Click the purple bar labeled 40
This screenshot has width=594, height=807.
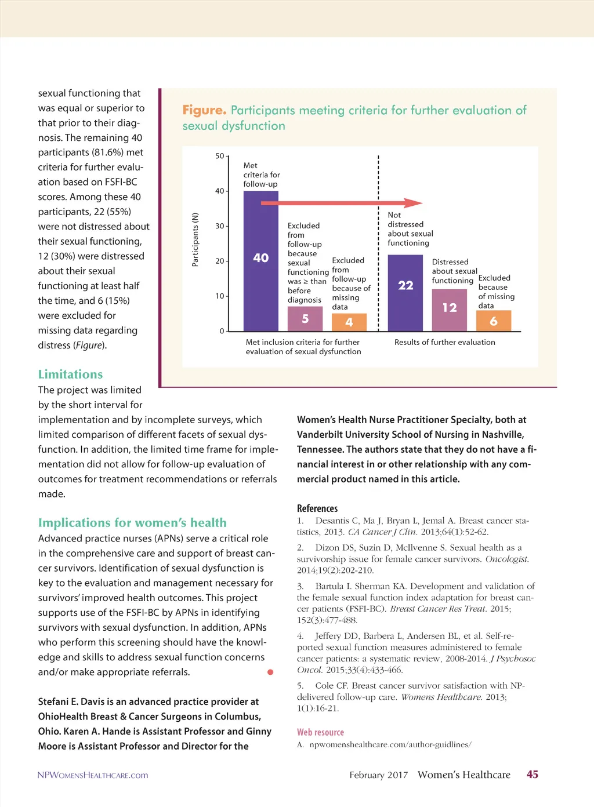(260, 260)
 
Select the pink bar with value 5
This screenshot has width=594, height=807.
(305, 319)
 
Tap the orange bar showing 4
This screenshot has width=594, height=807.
(349, 322)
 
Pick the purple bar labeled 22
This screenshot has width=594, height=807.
(405, 292)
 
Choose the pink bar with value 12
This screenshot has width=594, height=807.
(450, 310)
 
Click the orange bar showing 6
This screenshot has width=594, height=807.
(494, 321)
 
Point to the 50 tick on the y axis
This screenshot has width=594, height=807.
(220, 156)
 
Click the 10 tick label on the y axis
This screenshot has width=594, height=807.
(220, 296)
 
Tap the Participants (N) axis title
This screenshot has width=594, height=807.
(195, 239)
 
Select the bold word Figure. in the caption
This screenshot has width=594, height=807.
(204, 110)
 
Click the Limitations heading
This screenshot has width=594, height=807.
(70, 374)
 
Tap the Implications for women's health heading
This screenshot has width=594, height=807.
(132, 522)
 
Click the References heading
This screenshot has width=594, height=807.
(317, 508)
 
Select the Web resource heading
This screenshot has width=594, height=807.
(320, 732)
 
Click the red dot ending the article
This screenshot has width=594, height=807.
(270, 672)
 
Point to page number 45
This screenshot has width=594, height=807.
(532, 775)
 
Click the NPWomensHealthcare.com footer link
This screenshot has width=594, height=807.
(93, 775)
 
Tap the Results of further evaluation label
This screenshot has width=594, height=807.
(445, 342)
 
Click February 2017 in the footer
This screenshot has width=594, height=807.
(378, 775)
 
